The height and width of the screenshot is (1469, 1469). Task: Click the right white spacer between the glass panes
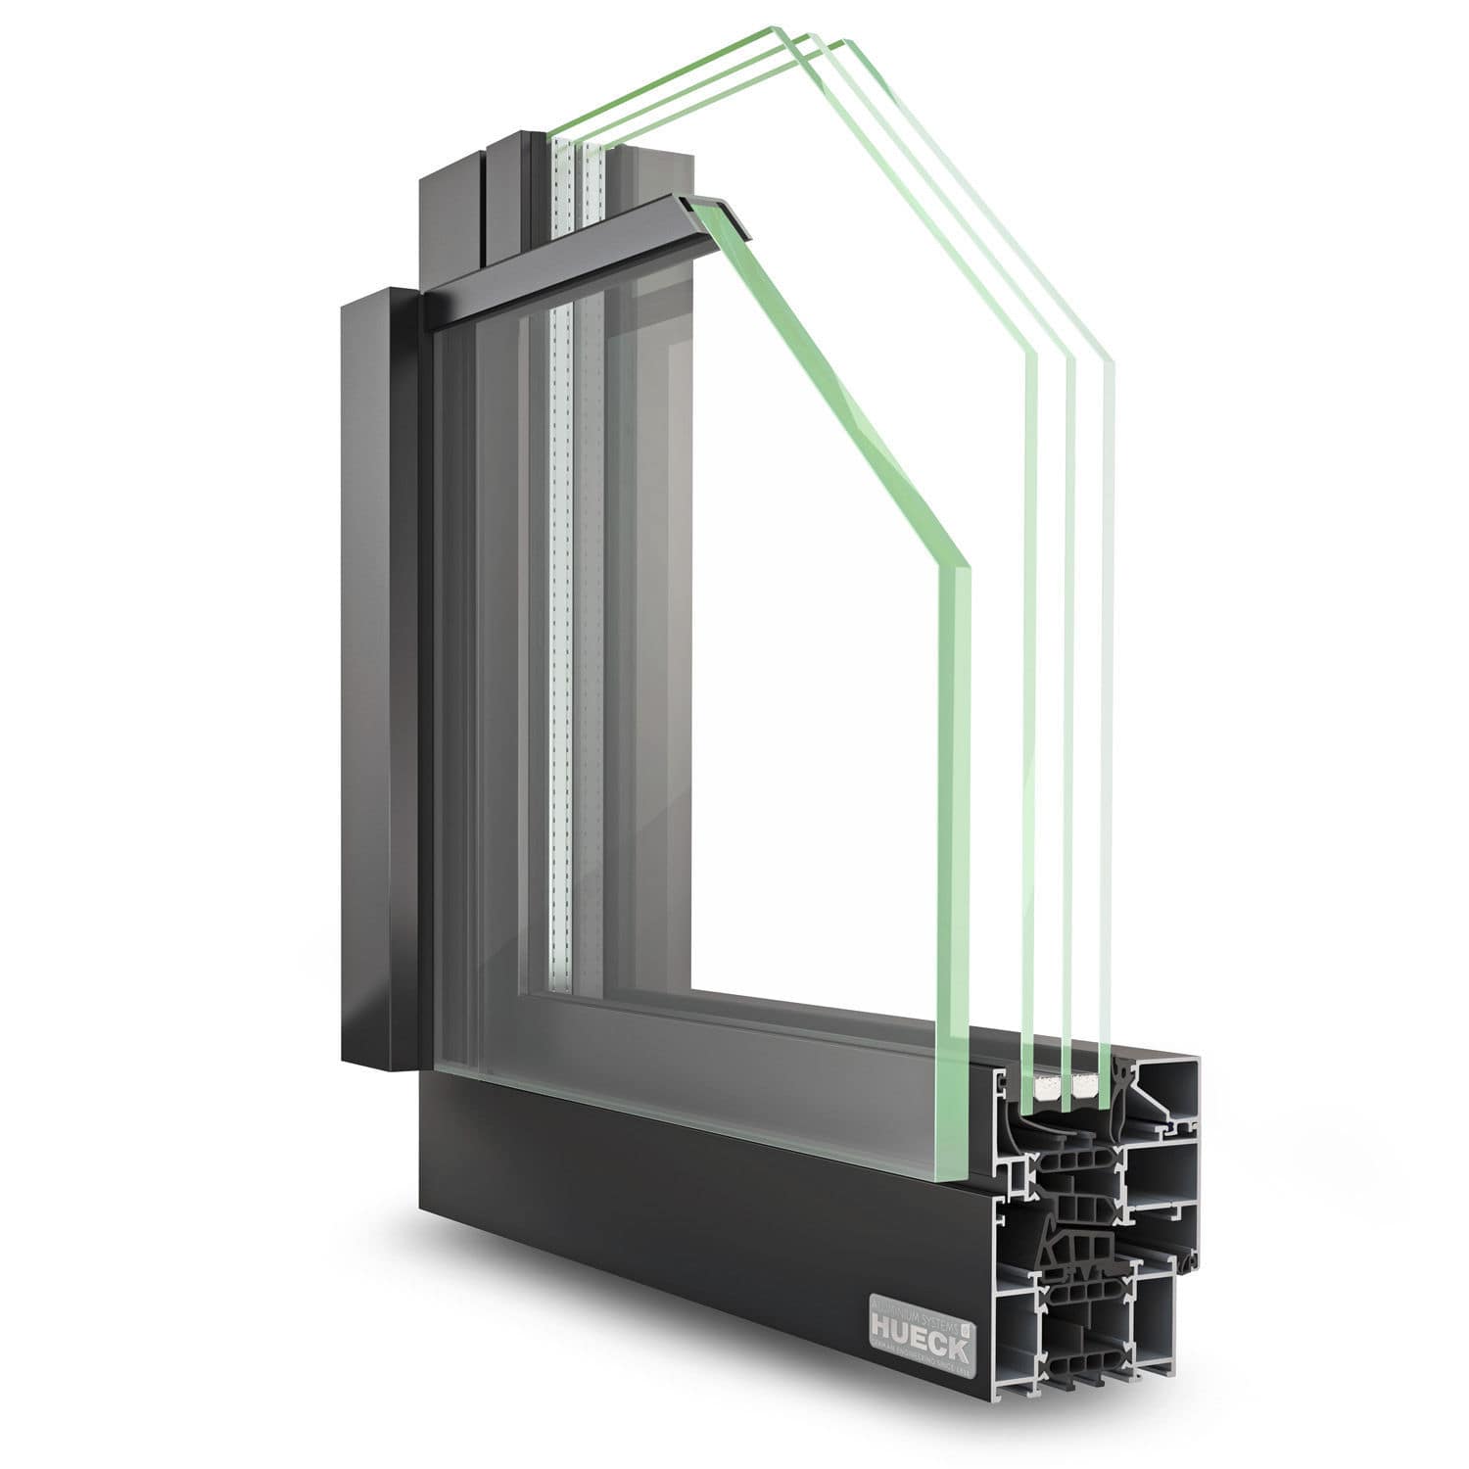1085,1086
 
